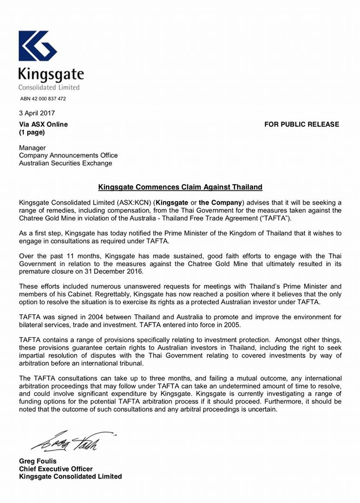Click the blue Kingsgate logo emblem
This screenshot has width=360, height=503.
click(38, 46)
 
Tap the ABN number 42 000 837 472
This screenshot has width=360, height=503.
click(43, 99)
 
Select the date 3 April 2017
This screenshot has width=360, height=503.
click(37, 114)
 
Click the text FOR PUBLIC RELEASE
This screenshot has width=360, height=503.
click(302, 124)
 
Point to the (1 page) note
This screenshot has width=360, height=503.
click(32, 132)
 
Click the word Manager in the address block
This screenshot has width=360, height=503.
click(32, 148)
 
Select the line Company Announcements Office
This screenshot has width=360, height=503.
click(68, 155)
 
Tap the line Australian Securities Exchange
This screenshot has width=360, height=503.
click(65, 163)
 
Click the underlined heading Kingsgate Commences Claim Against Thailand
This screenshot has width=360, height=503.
click(180, 187)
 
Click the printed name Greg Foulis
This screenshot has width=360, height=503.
click(37, 461)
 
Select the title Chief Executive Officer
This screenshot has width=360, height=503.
click(56, 469)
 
